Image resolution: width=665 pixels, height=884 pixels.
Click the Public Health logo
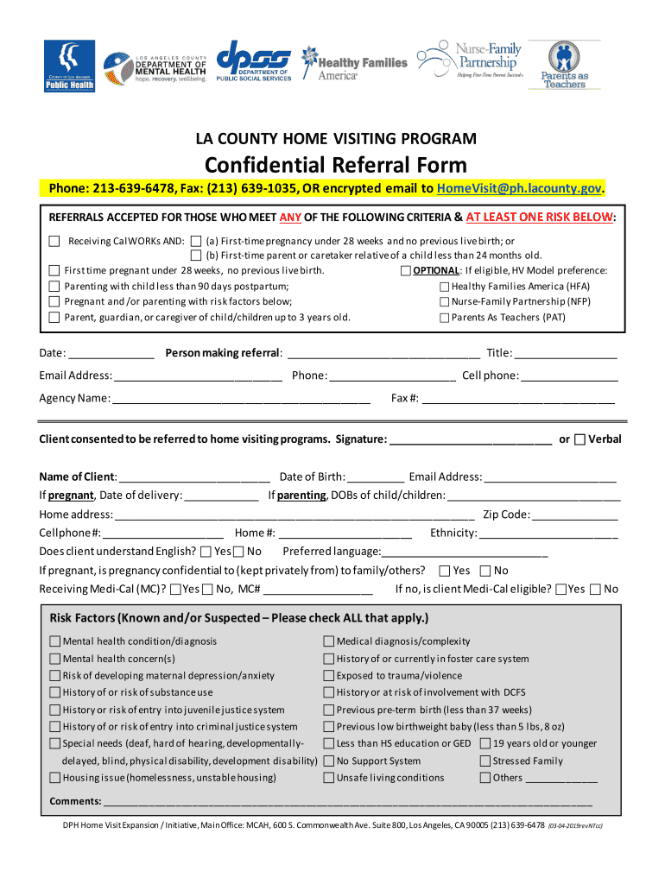click(x=70, y=66)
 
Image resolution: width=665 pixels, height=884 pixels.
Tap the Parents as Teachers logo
click(x=564, y=66)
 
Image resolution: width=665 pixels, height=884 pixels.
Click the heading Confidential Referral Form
click(x=335, y=165)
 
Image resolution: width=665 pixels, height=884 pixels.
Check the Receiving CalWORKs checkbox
click(x=54, y=241)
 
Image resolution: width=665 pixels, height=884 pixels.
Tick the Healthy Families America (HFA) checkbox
click(x=445, y=287)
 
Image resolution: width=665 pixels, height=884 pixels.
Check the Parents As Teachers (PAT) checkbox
click(x=445, y=318)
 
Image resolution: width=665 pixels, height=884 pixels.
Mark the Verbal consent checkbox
click(x=580, y=439)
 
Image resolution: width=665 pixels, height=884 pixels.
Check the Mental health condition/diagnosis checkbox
click(x=55, y=641)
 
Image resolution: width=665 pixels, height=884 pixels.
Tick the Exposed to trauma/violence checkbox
click(x=329, y=676)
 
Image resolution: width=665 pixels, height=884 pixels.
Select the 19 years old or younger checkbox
click(x=485, y=743)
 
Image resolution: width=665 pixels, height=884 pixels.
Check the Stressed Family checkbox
click(x=485, y=761)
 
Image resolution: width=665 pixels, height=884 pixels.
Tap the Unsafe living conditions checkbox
click(x=329, y=778)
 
